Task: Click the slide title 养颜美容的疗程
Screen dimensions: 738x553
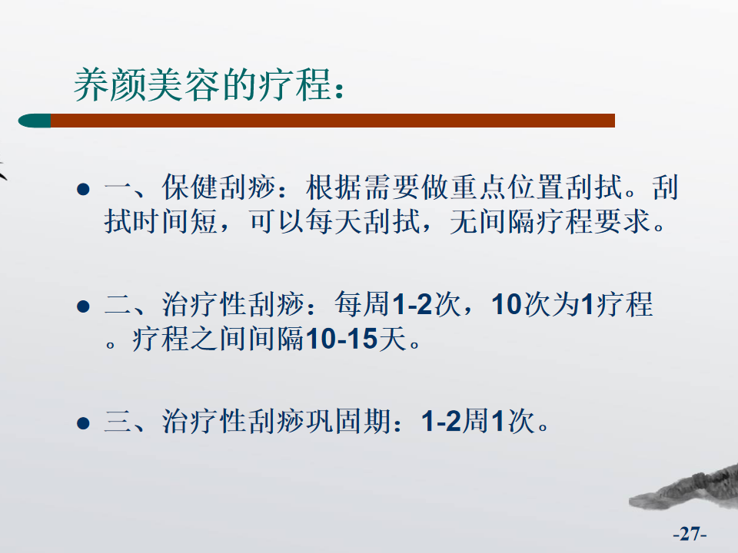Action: pyautogui.click(x=209, y=85)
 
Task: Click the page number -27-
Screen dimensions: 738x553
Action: pyautogui.click(x=690, y=534)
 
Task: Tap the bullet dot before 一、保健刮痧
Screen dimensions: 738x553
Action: pyautogui.click(x=83, y=189)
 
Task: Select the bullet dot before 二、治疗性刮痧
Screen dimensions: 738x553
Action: pyautogui.click(x=83, y=306)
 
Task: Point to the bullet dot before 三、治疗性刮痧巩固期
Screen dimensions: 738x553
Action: pyautogui.click(x=83, y=423)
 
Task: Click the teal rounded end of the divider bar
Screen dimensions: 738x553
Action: pyautogui.click(x=35, y=121)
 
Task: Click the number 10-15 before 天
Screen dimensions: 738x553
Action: pyautogui.click(x=341, y=339)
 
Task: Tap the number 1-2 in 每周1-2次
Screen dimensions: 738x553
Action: pyautogui.click(x=412, y=304)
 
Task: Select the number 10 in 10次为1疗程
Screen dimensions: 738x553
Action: pyautogui.click(x=507, y=304)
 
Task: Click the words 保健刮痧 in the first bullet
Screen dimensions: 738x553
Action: pyautogui.click(x=219, y=187)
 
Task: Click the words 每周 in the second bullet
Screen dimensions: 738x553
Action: pyautogui.click(x=362, y=304)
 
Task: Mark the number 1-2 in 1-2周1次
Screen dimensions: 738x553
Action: pyautogui.click(x=441, y=421)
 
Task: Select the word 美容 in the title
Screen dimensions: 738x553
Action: pyautogui.click(x=184, y=85)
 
